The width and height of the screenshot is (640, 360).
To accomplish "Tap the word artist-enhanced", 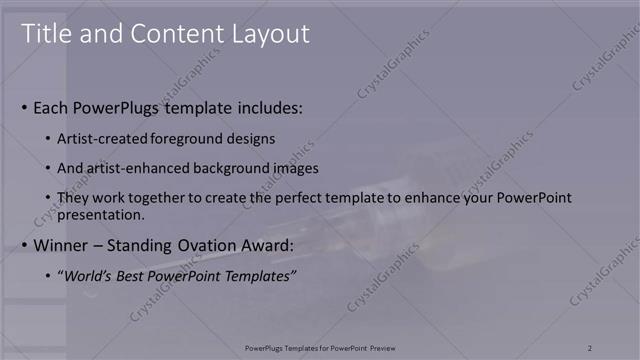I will (132, 168).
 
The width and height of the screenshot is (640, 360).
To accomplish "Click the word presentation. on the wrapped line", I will (102, 214).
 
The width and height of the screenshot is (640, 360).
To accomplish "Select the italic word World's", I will (87, 275).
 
